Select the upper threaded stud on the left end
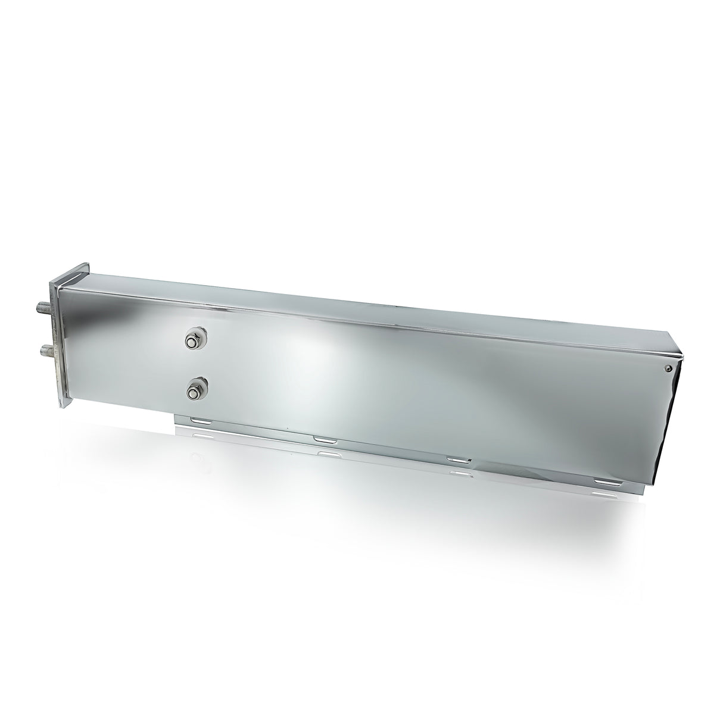pos(42,309)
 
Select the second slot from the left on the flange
pos(325,440)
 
